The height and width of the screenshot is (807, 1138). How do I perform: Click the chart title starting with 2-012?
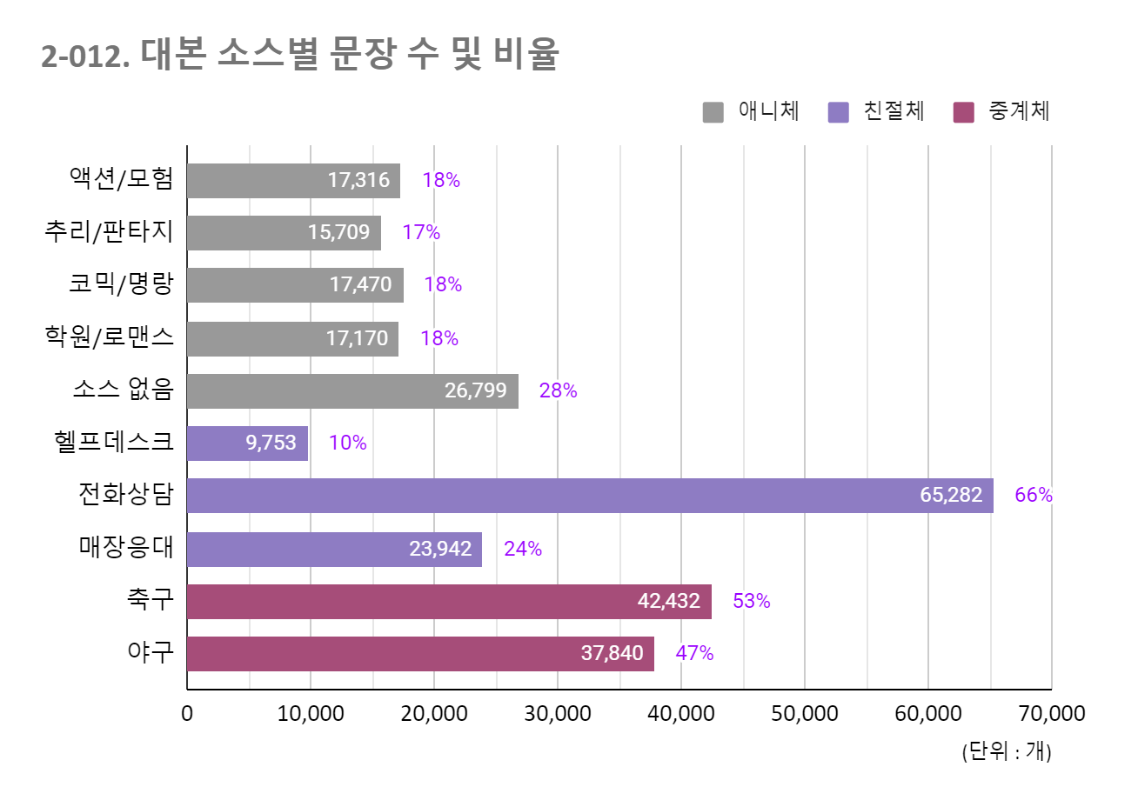click(x=300, y=55)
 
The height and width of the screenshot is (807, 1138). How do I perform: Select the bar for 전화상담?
click(x=590, y=496)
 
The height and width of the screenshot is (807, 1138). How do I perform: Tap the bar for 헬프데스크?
click(x=247, y=444)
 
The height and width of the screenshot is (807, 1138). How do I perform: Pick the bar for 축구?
click(x=449, y=602)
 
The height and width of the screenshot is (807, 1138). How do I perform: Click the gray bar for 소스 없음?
click(x=352, y=391)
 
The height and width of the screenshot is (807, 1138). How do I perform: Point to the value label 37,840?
click(x=612, y=653)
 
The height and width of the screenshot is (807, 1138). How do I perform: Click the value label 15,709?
click(x=338, y=232)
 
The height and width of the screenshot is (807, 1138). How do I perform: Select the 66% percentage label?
click(x=1033, y=496)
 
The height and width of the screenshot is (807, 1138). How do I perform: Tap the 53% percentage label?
click(x=751, y=602)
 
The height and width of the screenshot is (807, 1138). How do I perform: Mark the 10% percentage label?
click(x=347, y=444)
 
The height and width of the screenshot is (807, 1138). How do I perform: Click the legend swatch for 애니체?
click(x=713, y=112)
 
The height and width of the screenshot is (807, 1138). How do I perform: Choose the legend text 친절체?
click(x=894, y=111)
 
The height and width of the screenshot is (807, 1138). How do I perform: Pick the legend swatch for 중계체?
click(x=963, y=112)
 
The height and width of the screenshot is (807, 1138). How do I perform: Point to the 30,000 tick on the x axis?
click(x=558, y=714)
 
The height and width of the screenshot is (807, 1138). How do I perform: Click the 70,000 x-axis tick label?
click(x=1051, y=714)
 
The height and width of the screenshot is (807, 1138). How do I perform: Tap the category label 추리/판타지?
click(x=109, y=231)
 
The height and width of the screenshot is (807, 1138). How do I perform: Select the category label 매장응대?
click(x=126, y=547)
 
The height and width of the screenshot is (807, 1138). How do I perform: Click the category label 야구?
click(x=150, y=651)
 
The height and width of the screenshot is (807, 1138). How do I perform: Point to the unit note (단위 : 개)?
click(x=1006, y=750)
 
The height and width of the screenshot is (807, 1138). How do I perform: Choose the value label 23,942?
click(x=440, y=549)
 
